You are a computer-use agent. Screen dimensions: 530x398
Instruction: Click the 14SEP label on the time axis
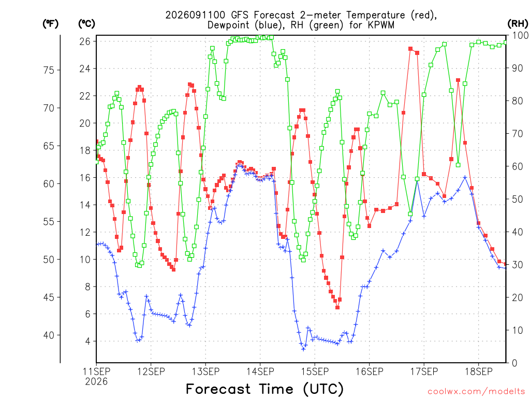click(260, 372)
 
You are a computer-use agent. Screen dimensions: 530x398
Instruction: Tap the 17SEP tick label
click(424, 372)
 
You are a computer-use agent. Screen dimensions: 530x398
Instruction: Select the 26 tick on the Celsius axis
click(85, 41)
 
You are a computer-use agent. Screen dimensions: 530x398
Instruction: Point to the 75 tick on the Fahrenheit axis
click(49, 70)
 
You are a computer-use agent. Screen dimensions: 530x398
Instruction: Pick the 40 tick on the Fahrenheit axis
click(49, 335)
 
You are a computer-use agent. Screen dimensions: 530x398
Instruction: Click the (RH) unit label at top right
click(518, 23)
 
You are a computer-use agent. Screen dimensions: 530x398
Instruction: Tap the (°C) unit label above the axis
click(86, 23)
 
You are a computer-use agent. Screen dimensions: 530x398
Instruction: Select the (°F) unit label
click(50, 23)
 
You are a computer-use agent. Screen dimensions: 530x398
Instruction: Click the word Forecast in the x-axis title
click(218, 389)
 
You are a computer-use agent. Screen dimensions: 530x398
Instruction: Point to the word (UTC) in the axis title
click(323, 389)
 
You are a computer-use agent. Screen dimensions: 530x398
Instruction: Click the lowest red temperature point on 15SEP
click(337, 307)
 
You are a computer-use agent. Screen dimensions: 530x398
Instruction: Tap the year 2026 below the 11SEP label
click(96, 382)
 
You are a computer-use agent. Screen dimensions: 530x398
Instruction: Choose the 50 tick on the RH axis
click(518, 199)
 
